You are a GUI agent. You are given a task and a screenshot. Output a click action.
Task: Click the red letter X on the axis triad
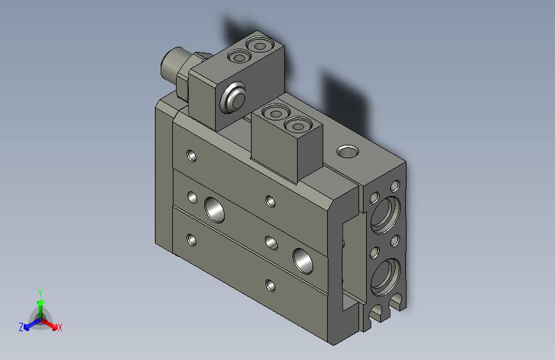[60, 327]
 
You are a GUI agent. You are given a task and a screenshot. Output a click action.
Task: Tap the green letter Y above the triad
[40, 292]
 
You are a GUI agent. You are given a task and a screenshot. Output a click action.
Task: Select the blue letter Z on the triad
[21, 327]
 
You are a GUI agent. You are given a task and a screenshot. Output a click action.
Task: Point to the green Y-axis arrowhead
[40, 302]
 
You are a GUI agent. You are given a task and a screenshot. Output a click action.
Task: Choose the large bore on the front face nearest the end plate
[302, 258]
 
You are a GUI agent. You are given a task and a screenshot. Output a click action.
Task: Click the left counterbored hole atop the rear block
[239, 58]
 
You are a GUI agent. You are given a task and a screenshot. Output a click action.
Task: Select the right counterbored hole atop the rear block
[259, 45]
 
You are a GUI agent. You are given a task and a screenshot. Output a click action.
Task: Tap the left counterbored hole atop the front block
[275, 113]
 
